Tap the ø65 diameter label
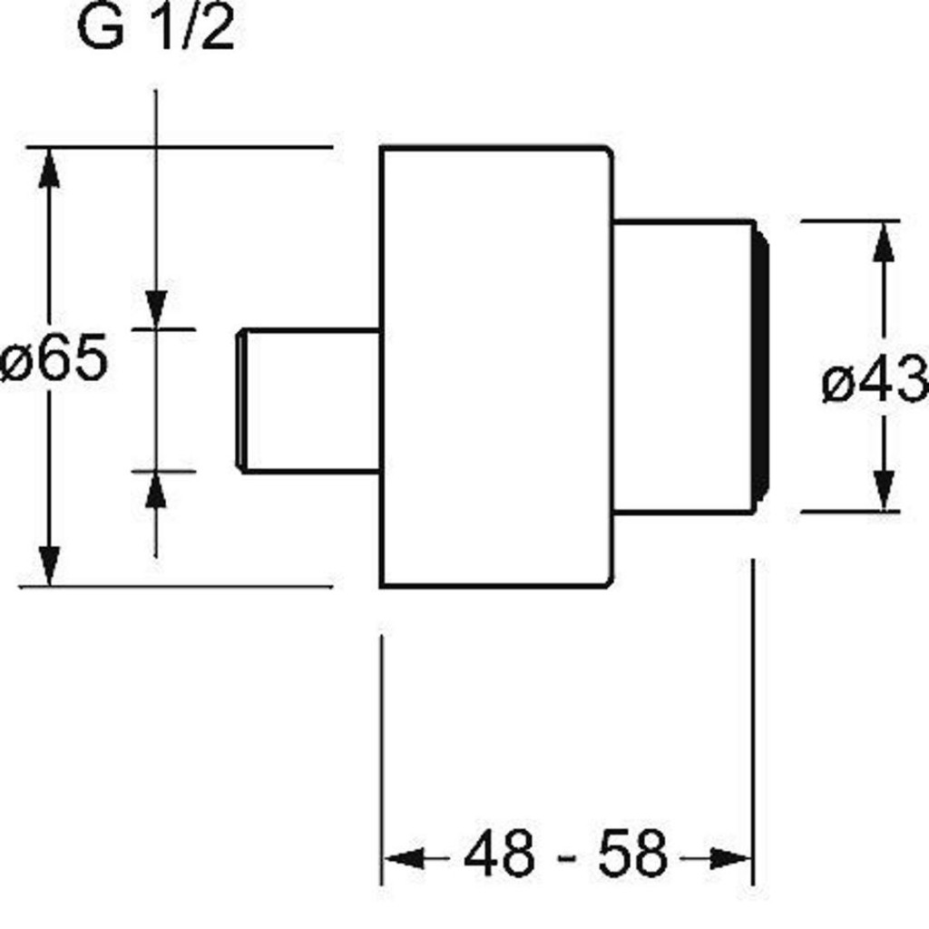click(54, 359)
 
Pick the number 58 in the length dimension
click(632, 854)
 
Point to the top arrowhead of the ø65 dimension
click(49, 169)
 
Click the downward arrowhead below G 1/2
click(156, 308)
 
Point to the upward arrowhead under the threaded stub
click(156, 491)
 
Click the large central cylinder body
click(495, 367)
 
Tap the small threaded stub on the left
click(308, 400)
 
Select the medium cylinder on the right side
click(682, 367)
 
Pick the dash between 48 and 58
click(565, 856)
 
